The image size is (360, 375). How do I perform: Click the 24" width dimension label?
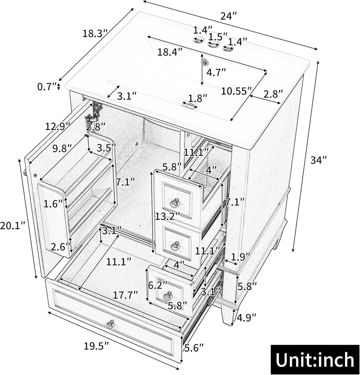(228, 16)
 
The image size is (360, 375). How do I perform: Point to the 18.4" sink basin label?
(170, 52)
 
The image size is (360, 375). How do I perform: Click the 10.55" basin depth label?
(236, 91)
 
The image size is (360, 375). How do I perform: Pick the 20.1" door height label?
(13, 226)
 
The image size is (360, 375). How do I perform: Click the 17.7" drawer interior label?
(126, 295)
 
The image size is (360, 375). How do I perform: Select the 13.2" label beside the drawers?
(167, 217)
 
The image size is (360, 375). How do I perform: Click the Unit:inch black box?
(315, 359)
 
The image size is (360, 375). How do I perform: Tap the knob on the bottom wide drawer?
(110, 324)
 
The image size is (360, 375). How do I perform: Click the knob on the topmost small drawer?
(175, 202)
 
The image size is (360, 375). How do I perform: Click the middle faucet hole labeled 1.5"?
(214, 44)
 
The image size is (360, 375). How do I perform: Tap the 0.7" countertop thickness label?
(47, 86)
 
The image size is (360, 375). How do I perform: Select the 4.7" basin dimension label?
(216, 72)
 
